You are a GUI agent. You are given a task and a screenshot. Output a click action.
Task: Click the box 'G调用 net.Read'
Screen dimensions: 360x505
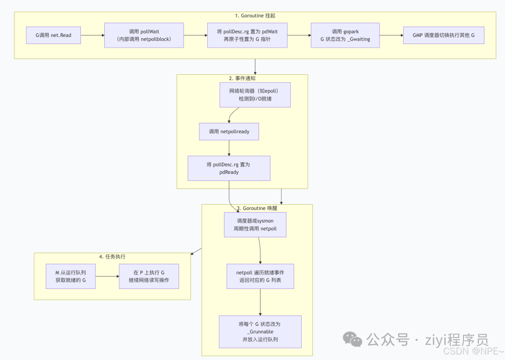coord(53,35)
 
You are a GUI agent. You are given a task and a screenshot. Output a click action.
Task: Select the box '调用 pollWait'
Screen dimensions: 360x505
coord(144,35)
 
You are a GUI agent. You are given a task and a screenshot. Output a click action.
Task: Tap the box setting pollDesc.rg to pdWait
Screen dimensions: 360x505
coord(247,35)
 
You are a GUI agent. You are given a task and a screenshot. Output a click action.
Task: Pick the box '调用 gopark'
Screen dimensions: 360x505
coord(345,35)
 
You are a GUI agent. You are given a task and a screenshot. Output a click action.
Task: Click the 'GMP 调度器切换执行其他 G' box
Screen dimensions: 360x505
coord(443,35)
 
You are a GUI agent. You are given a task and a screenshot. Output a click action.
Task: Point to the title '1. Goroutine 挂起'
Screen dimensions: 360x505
coord(255,16)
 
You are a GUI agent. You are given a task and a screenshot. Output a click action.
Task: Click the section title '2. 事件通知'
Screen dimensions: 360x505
coord(242,78)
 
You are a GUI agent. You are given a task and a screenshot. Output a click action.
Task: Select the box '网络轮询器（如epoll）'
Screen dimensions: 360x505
coord(255,95)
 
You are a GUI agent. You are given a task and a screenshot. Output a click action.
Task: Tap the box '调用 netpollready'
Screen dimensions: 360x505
coord(229,132)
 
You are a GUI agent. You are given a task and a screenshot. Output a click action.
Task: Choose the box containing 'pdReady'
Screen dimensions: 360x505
coord(229,168)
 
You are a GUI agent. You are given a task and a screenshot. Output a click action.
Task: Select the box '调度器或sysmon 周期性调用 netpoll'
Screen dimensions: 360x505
coord(255,225)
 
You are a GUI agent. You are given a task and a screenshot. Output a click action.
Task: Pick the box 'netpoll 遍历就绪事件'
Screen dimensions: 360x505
coord(260,276)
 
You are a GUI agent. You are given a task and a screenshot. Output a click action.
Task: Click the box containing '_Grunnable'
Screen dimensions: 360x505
coord(260,331)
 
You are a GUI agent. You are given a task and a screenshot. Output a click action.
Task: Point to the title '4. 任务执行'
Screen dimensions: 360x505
coord(112,257)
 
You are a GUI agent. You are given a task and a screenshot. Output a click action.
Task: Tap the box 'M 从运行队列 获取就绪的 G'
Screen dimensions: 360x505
coord(71,276)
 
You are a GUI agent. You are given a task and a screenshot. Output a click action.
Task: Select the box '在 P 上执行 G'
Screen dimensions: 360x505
coord(149,276)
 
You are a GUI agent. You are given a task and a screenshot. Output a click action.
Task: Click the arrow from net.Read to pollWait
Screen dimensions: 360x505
coord(93,35)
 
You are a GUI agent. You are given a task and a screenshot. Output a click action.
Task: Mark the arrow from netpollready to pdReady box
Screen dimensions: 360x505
coord(229,148)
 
